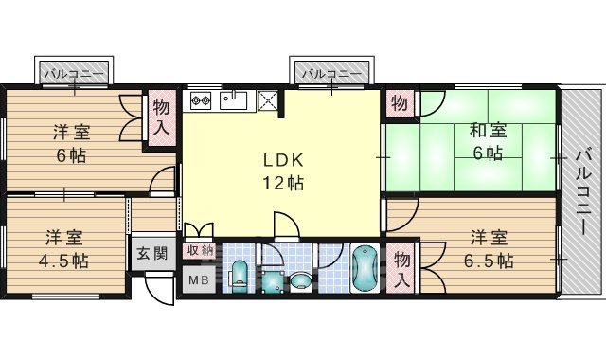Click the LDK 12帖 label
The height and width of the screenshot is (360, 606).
pos(283,171)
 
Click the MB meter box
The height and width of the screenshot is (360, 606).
pos(199,279)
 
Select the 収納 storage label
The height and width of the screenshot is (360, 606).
pos(199,250)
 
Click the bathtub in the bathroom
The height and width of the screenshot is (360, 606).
pos(363,270)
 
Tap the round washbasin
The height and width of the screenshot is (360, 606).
pos(300,279)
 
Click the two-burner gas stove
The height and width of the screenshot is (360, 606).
pos(201,99)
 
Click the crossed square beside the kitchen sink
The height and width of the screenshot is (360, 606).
pos(267,99)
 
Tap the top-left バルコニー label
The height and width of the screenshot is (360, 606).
pos(73,73)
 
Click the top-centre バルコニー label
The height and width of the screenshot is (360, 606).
pos(331,73)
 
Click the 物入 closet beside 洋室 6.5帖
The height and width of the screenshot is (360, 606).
pos(401,267)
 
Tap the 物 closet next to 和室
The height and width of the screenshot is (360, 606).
pos(400,102)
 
